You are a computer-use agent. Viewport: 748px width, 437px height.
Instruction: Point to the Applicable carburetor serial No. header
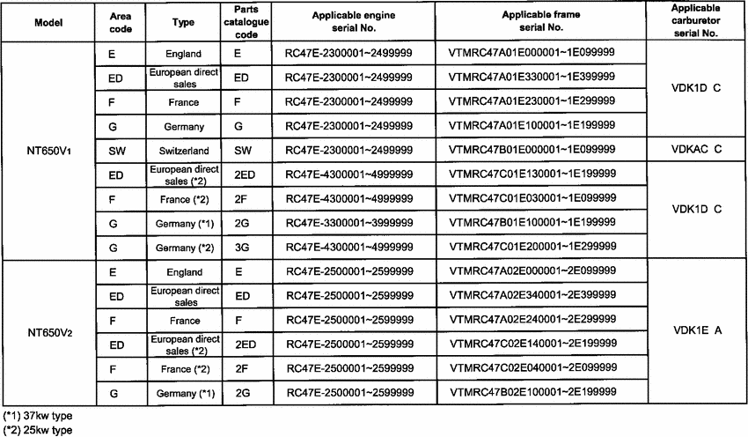tap(695, 19)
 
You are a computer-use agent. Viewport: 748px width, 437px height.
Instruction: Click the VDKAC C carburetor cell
tap(695, 151)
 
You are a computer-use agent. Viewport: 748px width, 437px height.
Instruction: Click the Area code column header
tap(120, 22)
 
